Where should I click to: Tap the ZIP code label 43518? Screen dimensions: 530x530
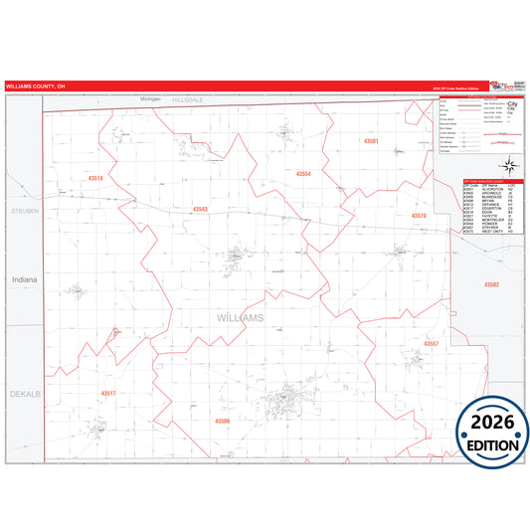(x=95, y=178)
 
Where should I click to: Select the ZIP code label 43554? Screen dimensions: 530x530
(x=303, y=173)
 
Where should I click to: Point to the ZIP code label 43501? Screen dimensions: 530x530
(x=370, y=142)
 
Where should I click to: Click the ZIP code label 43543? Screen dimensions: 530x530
(x=201, y=209)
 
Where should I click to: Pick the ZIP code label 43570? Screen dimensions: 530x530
(x=419, y=215)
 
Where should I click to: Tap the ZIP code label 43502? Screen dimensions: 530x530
(x=491, y=284)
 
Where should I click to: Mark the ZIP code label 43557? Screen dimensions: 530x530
(x=431, y=343)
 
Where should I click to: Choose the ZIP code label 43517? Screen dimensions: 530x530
(x=108, y=393)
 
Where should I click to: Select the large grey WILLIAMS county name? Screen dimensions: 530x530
(x=240, y=317)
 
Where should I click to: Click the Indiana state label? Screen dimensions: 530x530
(x=24, y=279)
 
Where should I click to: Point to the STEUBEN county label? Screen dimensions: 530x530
(x=23, y=212)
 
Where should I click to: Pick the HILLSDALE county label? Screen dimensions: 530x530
(x=187, y=100)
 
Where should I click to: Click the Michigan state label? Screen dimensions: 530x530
(x=149, y=99)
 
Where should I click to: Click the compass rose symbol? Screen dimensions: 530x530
(x=507, y=165)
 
